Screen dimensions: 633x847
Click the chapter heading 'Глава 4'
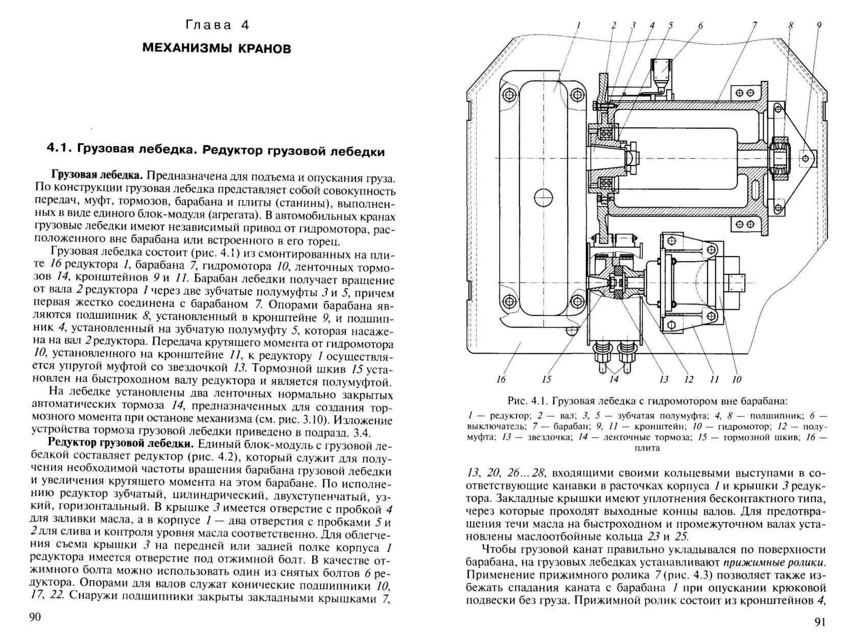[217, 25]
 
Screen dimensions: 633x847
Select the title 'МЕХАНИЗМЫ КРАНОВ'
[217, 49]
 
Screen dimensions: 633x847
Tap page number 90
[35, 617]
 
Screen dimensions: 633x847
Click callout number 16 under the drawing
[500, 379]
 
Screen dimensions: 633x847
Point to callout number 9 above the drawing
[819, 25]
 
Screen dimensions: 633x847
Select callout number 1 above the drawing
[579, 25]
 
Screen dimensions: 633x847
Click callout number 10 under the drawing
[736, 379]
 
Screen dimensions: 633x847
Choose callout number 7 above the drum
[755, 25]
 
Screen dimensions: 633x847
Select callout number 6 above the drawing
[700, 25]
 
